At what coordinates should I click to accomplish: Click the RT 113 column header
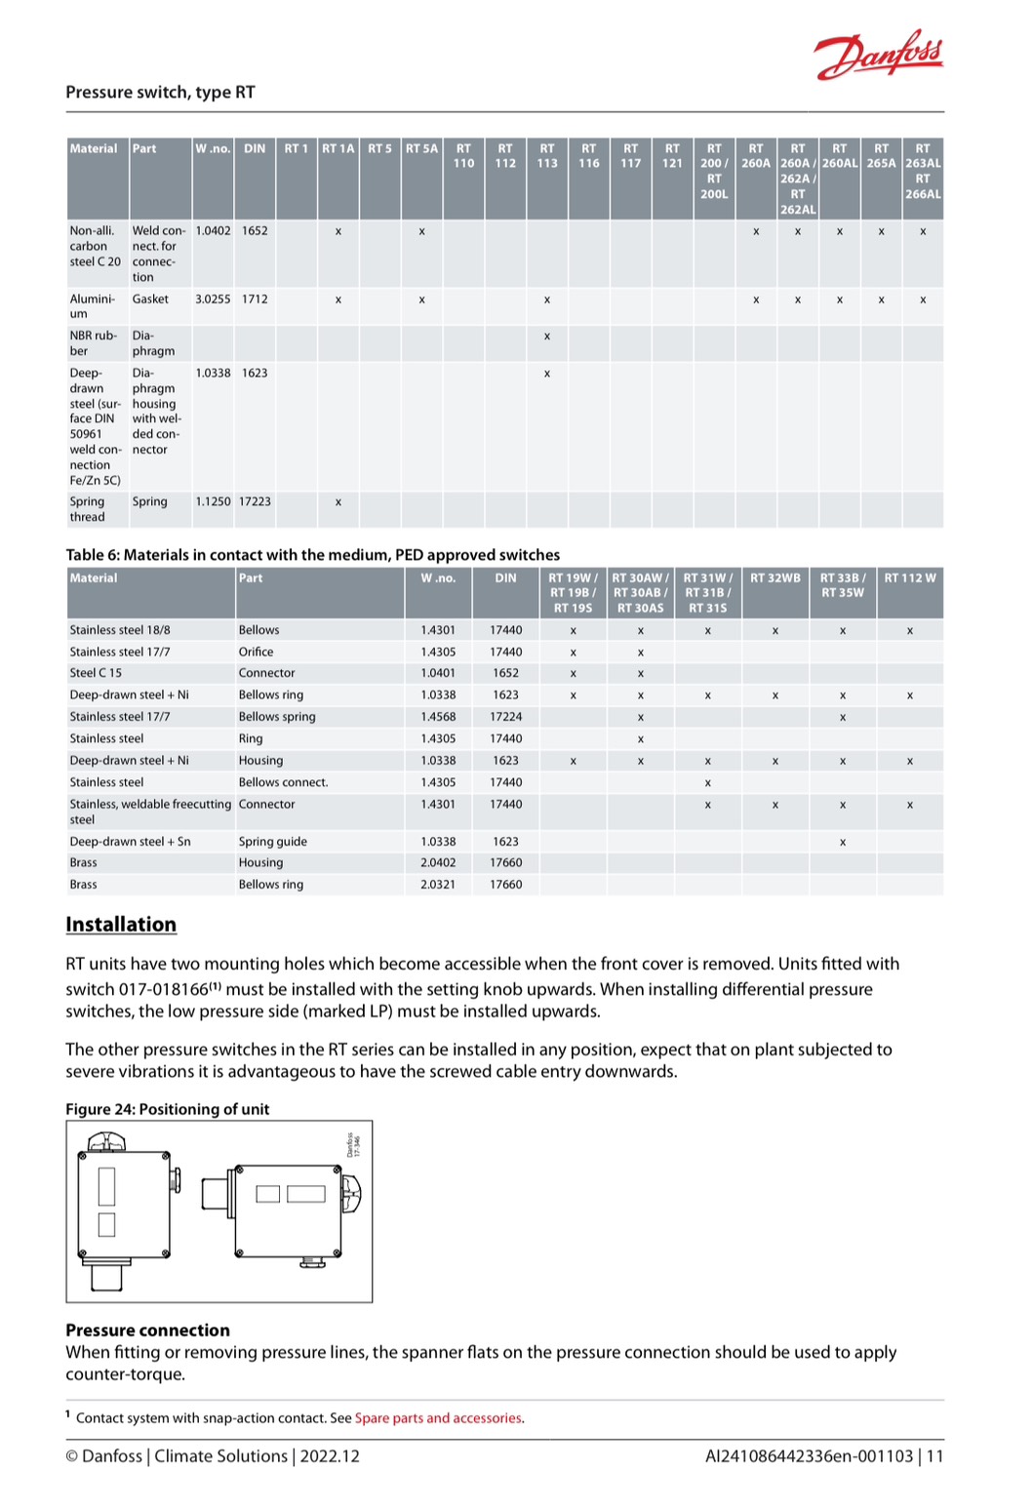coord(546,156)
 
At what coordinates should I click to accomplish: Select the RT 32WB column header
coord(775,578)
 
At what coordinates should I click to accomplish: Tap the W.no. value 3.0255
coord(213,299)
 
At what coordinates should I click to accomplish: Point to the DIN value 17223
coord(255,501)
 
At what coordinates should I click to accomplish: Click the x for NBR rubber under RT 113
coord(546,337)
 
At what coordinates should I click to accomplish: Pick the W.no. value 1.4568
coord(438,717)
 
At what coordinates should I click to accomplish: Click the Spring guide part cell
coord(273,842)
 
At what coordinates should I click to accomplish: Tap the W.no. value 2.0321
coord(438,885)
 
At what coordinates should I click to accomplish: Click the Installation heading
coord(121,925)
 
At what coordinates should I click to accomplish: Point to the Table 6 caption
coord(312,555)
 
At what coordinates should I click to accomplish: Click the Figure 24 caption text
coord(167,1109)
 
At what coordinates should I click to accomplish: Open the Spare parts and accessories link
coord(438,1418)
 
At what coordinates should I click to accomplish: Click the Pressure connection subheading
coord(147,1330)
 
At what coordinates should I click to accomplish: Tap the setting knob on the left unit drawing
coord(107,1140)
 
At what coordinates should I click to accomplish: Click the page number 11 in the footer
coord(934,1456)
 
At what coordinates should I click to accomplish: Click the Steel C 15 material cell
coord(96,673)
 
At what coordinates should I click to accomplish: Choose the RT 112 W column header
coord(909,578)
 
